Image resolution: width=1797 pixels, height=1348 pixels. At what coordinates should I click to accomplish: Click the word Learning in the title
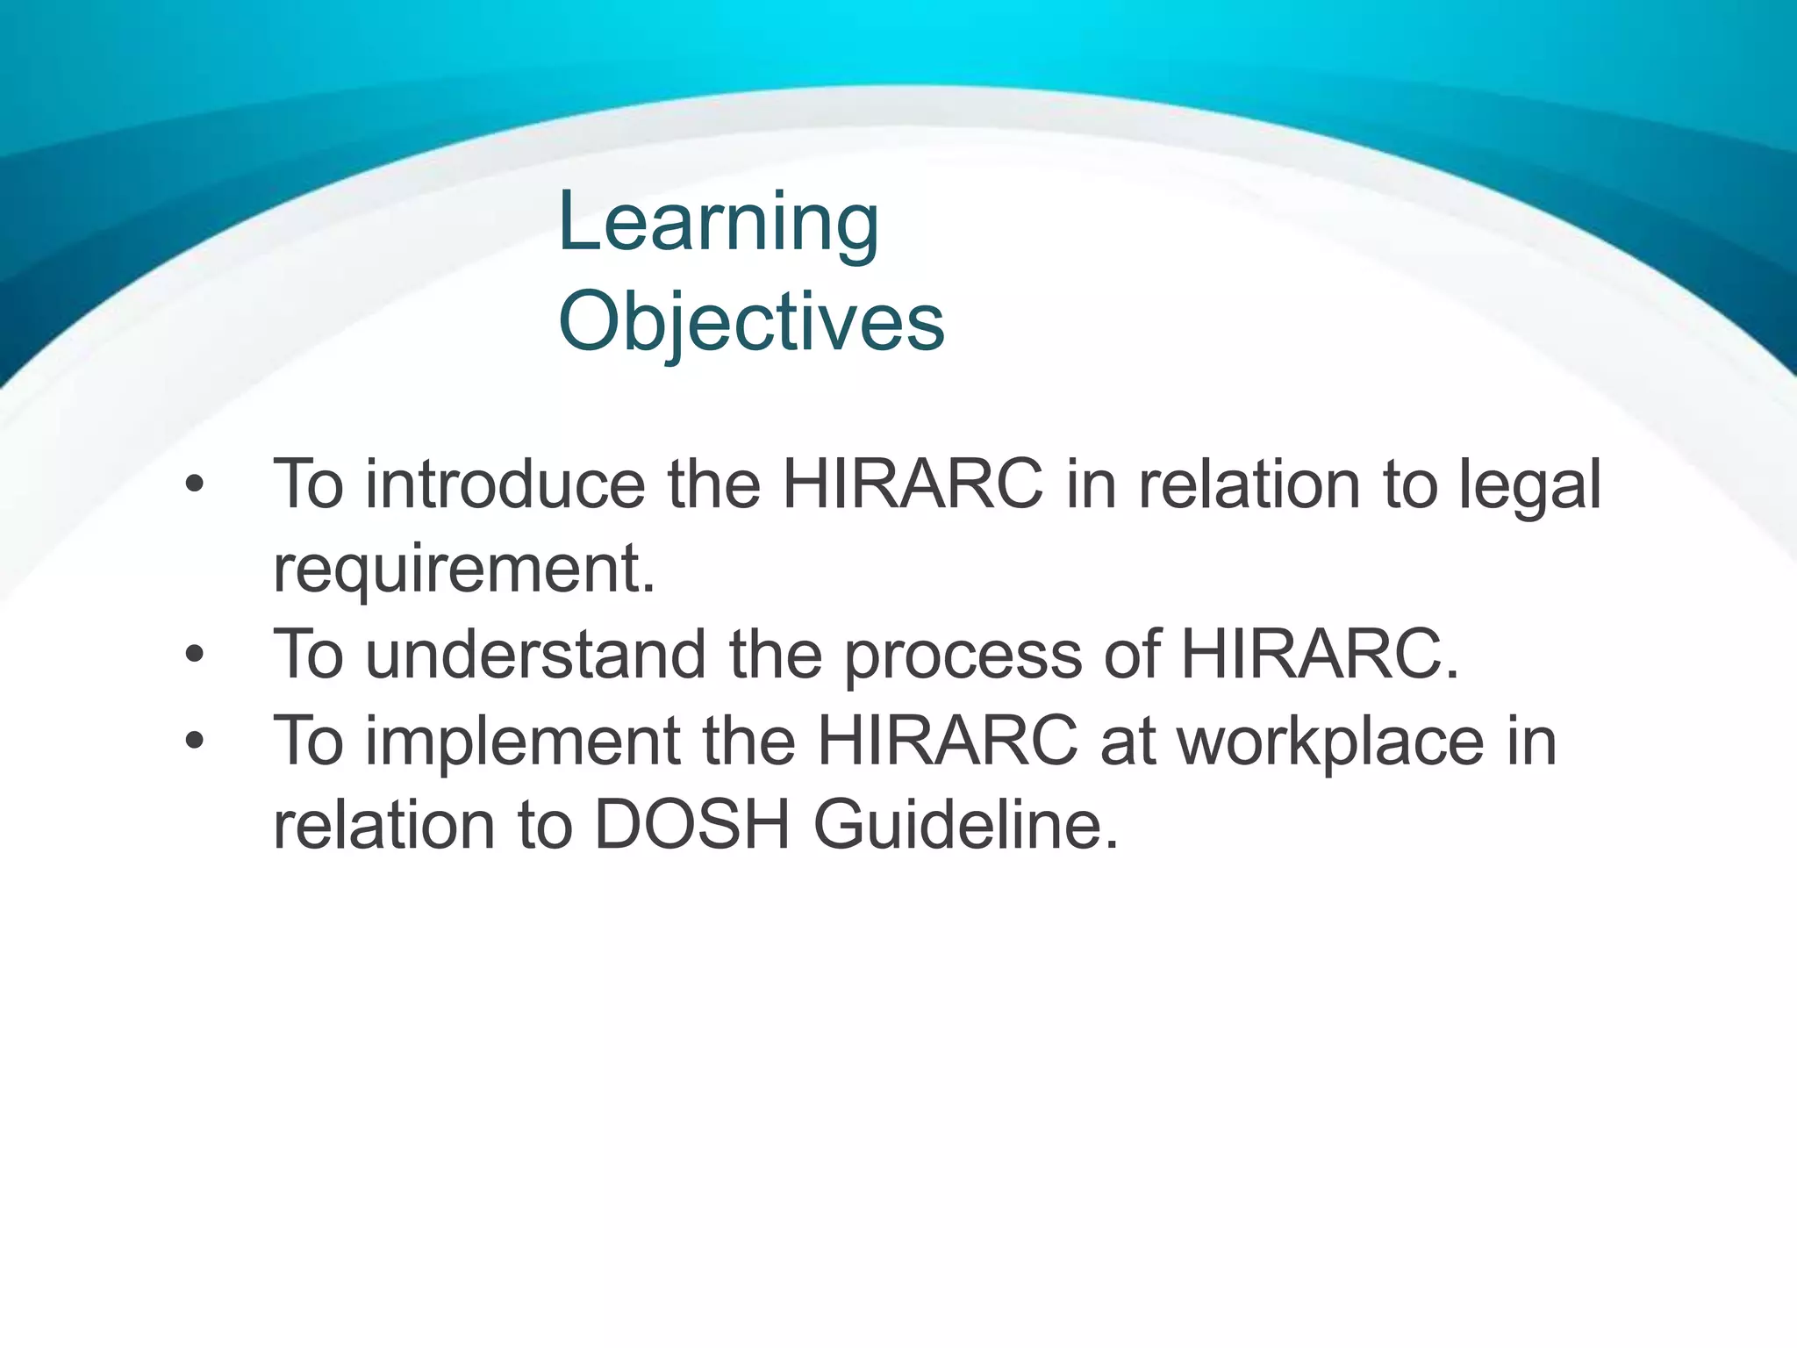point(718,224)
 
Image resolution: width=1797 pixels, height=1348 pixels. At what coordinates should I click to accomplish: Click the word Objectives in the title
point(751,323)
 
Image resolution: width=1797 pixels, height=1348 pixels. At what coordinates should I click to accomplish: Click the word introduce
point(505,484)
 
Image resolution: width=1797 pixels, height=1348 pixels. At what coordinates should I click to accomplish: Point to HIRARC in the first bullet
point(913,484)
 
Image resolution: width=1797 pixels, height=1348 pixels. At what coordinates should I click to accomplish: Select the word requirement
point(463,570)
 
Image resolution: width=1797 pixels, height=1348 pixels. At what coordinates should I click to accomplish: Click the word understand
point(535,655)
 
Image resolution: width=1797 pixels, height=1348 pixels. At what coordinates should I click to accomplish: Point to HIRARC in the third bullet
point(947,741)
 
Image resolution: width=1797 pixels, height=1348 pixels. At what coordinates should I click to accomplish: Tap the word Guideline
point(966,825)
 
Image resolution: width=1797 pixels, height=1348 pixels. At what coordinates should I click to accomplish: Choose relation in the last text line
point(383,825)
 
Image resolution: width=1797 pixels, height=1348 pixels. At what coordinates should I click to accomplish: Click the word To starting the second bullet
point(308,655)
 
